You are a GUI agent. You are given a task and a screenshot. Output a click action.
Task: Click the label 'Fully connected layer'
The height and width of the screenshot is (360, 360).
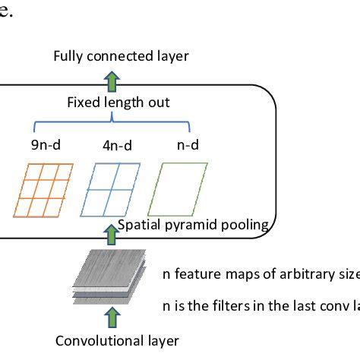121,55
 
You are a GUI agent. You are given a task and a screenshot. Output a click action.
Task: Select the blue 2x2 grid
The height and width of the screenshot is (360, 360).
110,188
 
